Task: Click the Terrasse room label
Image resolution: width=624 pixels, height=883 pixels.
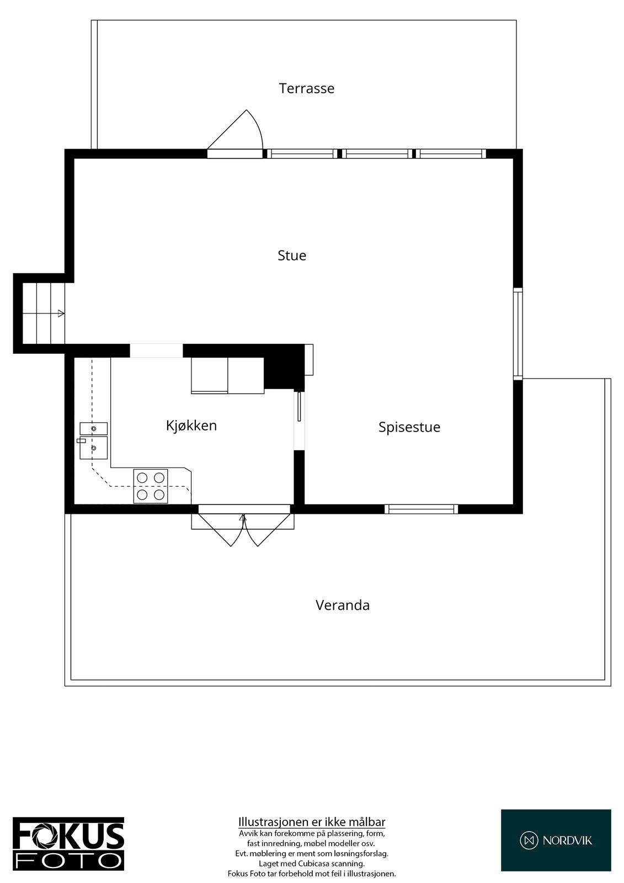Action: (306, 88)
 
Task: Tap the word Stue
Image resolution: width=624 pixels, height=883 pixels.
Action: (292, 256)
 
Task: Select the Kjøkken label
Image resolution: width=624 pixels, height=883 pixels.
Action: (191, 425)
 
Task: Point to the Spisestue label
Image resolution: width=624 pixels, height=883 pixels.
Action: (409, 427)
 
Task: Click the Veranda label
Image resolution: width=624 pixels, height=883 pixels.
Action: (342, 605)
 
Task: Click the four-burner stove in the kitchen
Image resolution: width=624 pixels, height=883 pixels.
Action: (151, 486)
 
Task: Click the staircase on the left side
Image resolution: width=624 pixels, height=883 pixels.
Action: (43, 313)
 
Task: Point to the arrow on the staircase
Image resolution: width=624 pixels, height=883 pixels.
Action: (61, 313)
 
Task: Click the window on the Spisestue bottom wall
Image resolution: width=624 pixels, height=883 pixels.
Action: (422, 509)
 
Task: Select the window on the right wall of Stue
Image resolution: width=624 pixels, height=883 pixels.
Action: (518, 333)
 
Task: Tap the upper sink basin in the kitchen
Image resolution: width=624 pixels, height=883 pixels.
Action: (93, 428)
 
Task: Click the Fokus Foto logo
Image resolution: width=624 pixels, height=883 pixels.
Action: (68, 844)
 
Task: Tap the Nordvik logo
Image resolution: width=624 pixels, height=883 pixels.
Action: (556, 841)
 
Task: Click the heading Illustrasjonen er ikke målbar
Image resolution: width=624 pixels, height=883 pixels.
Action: (312, 822)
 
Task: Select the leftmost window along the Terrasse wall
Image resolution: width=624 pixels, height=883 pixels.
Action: (302, 154)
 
